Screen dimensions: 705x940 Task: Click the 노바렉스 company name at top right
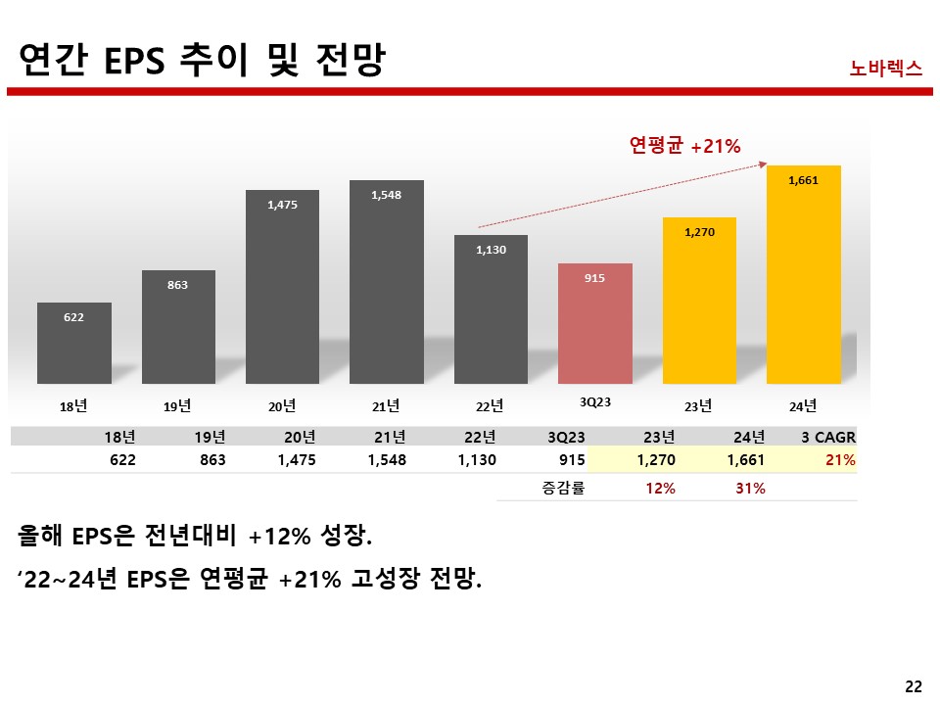886,69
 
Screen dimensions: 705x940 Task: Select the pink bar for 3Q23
594,323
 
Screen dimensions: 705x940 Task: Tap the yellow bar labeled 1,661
803,274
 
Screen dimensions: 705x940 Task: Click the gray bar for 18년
74,343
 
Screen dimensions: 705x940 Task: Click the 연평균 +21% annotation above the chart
684,146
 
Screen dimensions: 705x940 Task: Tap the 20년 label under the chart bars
282,405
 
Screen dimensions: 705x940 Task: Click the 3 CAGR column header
827,437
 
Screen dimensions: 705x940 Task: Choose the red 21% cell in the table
841,460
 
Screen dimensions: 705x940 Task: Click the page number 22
914,686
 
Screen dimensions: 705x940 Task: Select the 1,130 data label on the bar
491,250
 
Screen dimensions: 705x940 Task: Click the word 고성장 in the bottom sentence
381,580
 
